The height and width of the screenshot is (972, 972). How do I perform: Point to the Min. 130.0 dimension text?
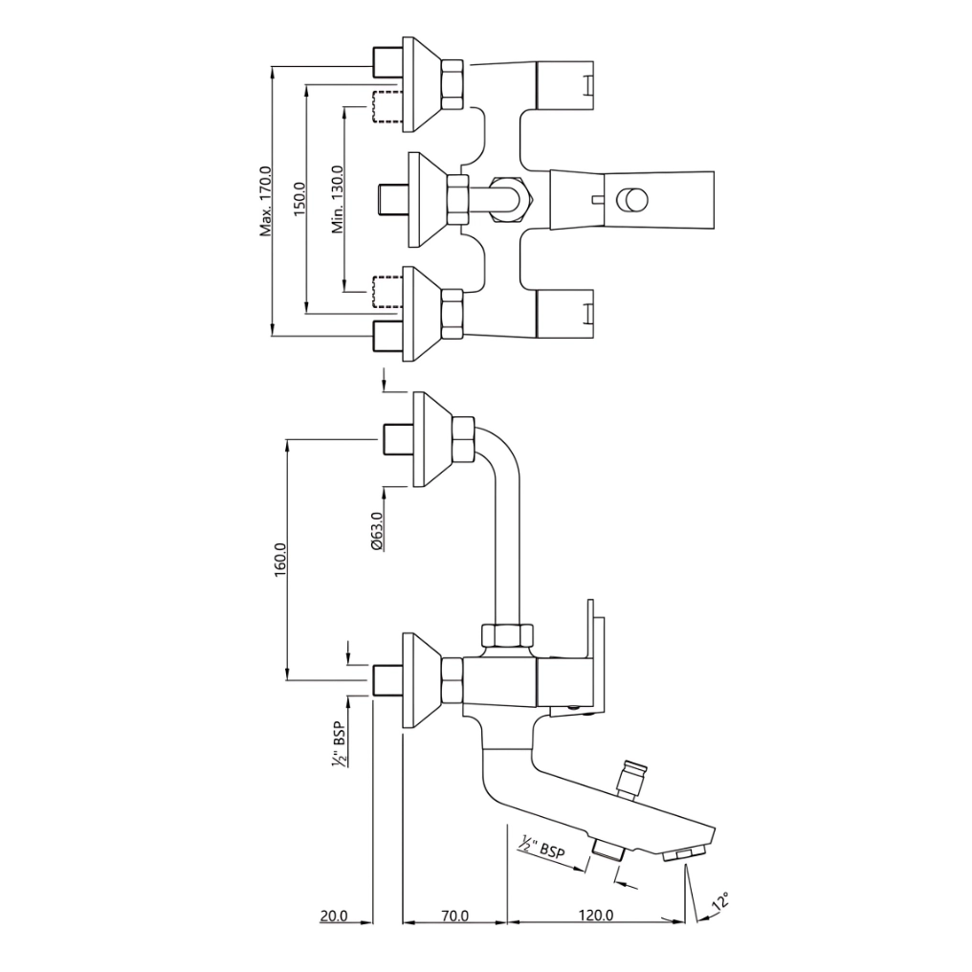pyautogui.click(x=337, y=200)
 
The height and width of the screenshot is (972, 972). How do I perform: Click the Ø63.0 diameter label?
pyautogui.click(x=377, y=531)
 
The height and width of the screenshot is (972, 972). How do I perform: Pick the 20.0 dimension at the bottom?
pyautogui.click(x=333, y=916)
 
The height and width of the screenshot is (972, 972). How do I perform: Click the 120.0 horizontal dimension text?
pyautogui.click(x=595, y=916)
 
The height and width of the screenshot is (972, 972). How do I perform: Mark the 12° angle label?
pyautogui.click(x=719, y=901)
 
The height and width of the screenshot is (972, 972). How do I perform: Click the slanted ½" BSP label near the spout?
pyautogui.click(x=542, y=848)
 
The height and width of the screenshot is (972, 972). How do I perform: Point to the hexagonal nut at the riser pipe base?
pyautogui.click(x=508, y=635)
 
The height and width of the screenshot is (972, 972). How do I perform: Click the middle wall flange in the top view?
pyautogui.click(x=425, y=200)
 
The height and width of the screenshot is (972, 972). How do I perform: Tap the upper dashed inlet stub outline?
pyautogui.click(x=385, y=106)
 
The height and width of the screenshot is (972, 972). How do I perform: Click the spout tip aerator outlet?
pyautogui.click(x=683, y=853)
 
